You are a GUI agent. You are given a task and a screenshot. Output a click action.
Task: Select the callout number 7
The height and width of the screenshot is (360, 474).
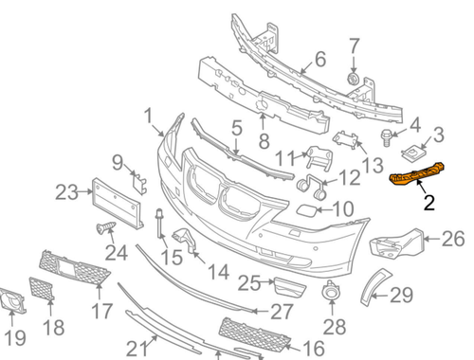point(354,45)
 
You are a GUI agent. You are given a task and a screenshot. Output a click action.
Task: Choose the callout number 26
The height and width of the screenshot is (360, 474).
point(452,238)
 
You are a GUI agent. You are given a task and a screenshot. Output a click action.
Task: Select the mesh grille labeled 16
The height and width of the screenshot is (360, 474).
point(248,332)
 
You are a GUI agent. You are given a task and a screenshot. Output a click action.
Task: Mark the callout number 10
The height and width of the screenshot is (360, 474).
point(342,207)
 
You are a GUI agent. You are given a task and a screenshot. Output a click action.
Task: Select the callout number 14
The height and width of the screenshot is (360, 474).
point(219,272)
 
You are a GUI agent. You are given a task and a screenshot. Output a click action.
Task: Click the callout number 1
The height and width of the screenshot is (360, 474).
point(149,117)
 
